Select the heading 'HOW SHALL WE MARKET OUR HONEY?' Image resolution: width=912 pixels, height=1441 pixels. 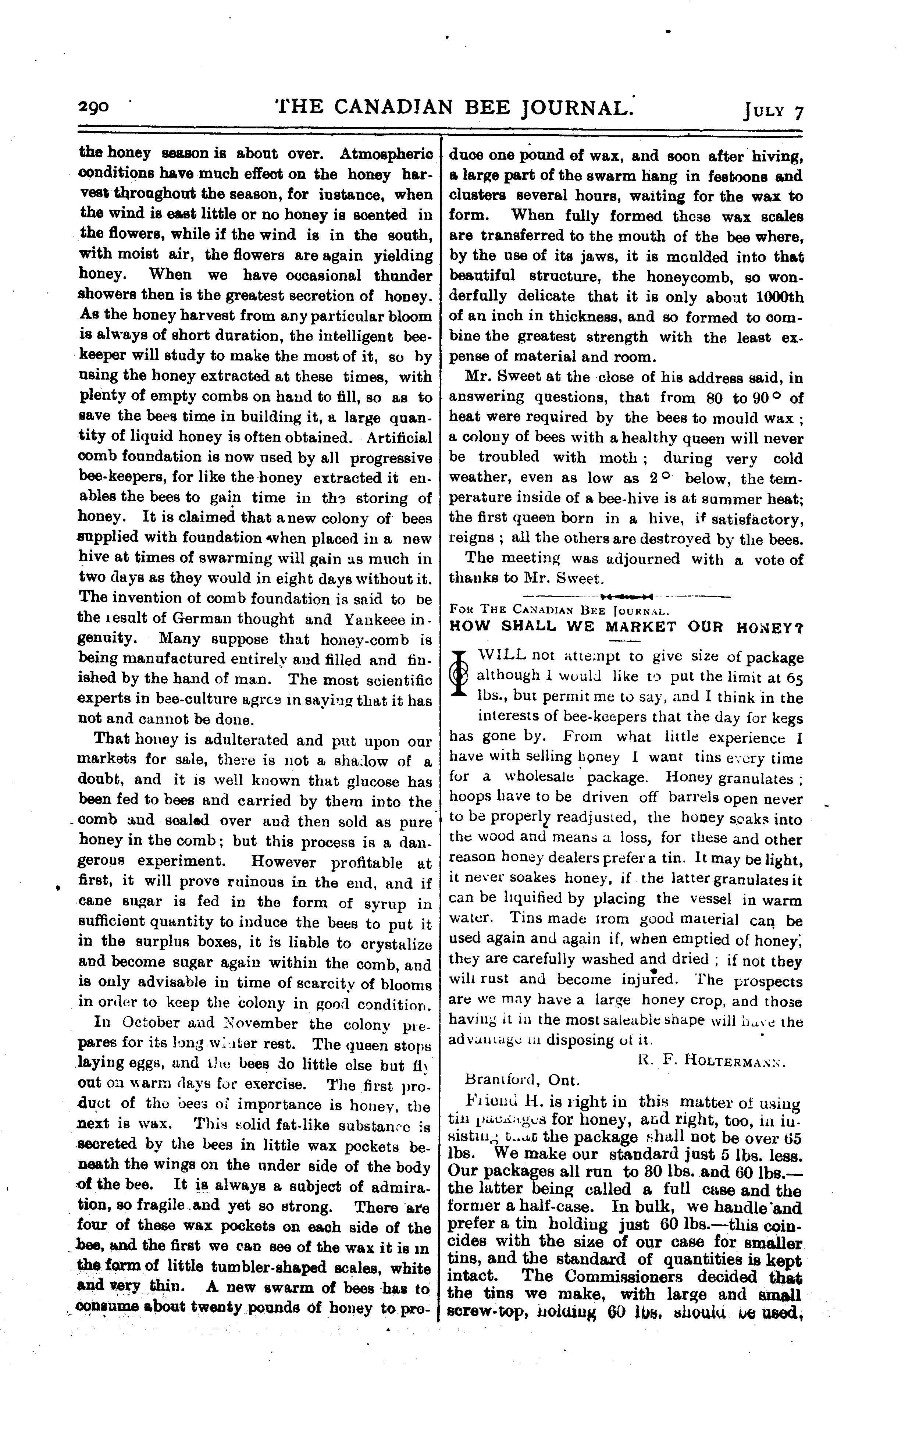(626, 628)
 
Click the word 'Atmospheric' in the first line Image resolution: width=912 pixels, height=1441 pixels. (386, 154)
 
